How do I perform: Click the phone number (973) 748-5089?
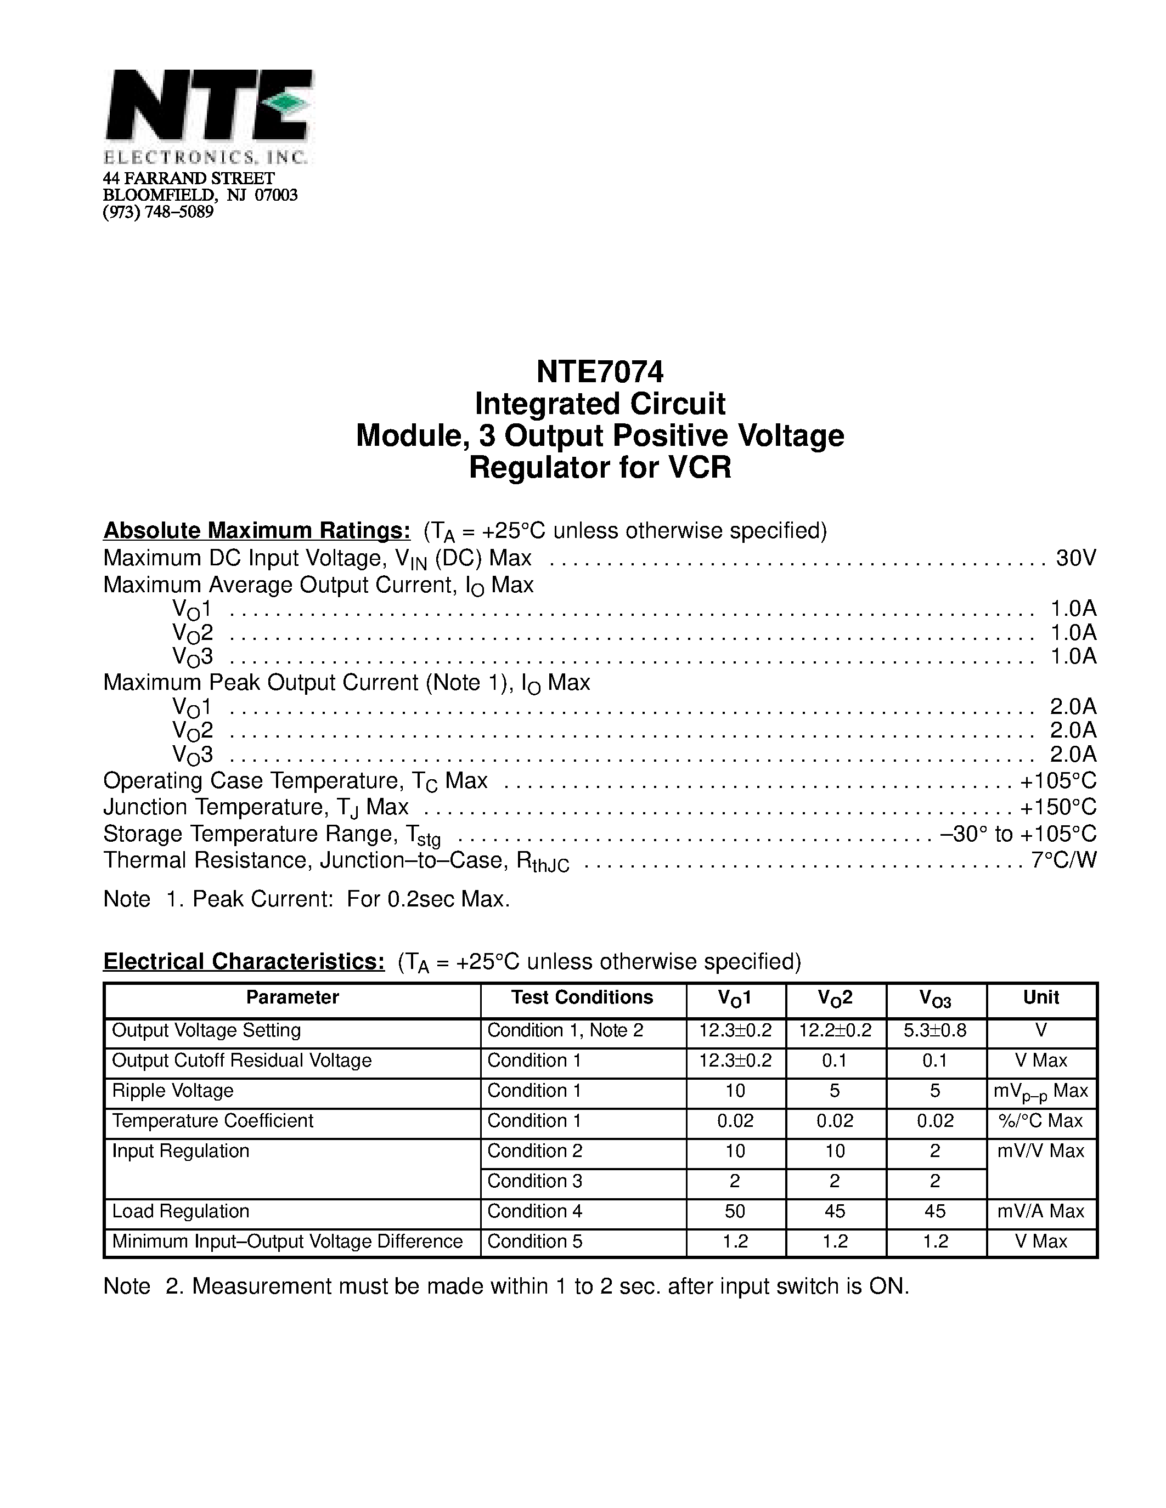coord(158,212)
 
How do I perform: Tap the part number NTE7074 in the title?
coord(600,372)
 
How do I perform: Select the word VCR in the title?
coord(699,467)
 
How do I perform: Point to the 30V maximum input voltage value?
coord(1075,557)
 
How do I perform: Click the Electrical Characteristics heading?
coord(244,961)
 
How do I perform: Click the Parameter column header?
coord(292,997)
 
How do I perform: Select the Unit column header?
coord(1041,997)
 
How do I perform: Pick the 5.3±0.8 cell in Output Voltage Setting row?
coord(934,1030)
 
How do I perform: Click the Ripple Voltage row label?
coord(173,1090)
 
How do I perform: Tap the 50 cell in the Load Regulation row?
coord(735,1211)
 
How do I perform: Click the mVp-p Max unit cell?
coord(1041,1092)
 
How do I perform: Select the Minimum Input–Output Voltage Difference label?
coord(288,1241)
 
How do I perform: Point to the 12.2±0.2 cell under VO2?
coord(835,1030)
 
